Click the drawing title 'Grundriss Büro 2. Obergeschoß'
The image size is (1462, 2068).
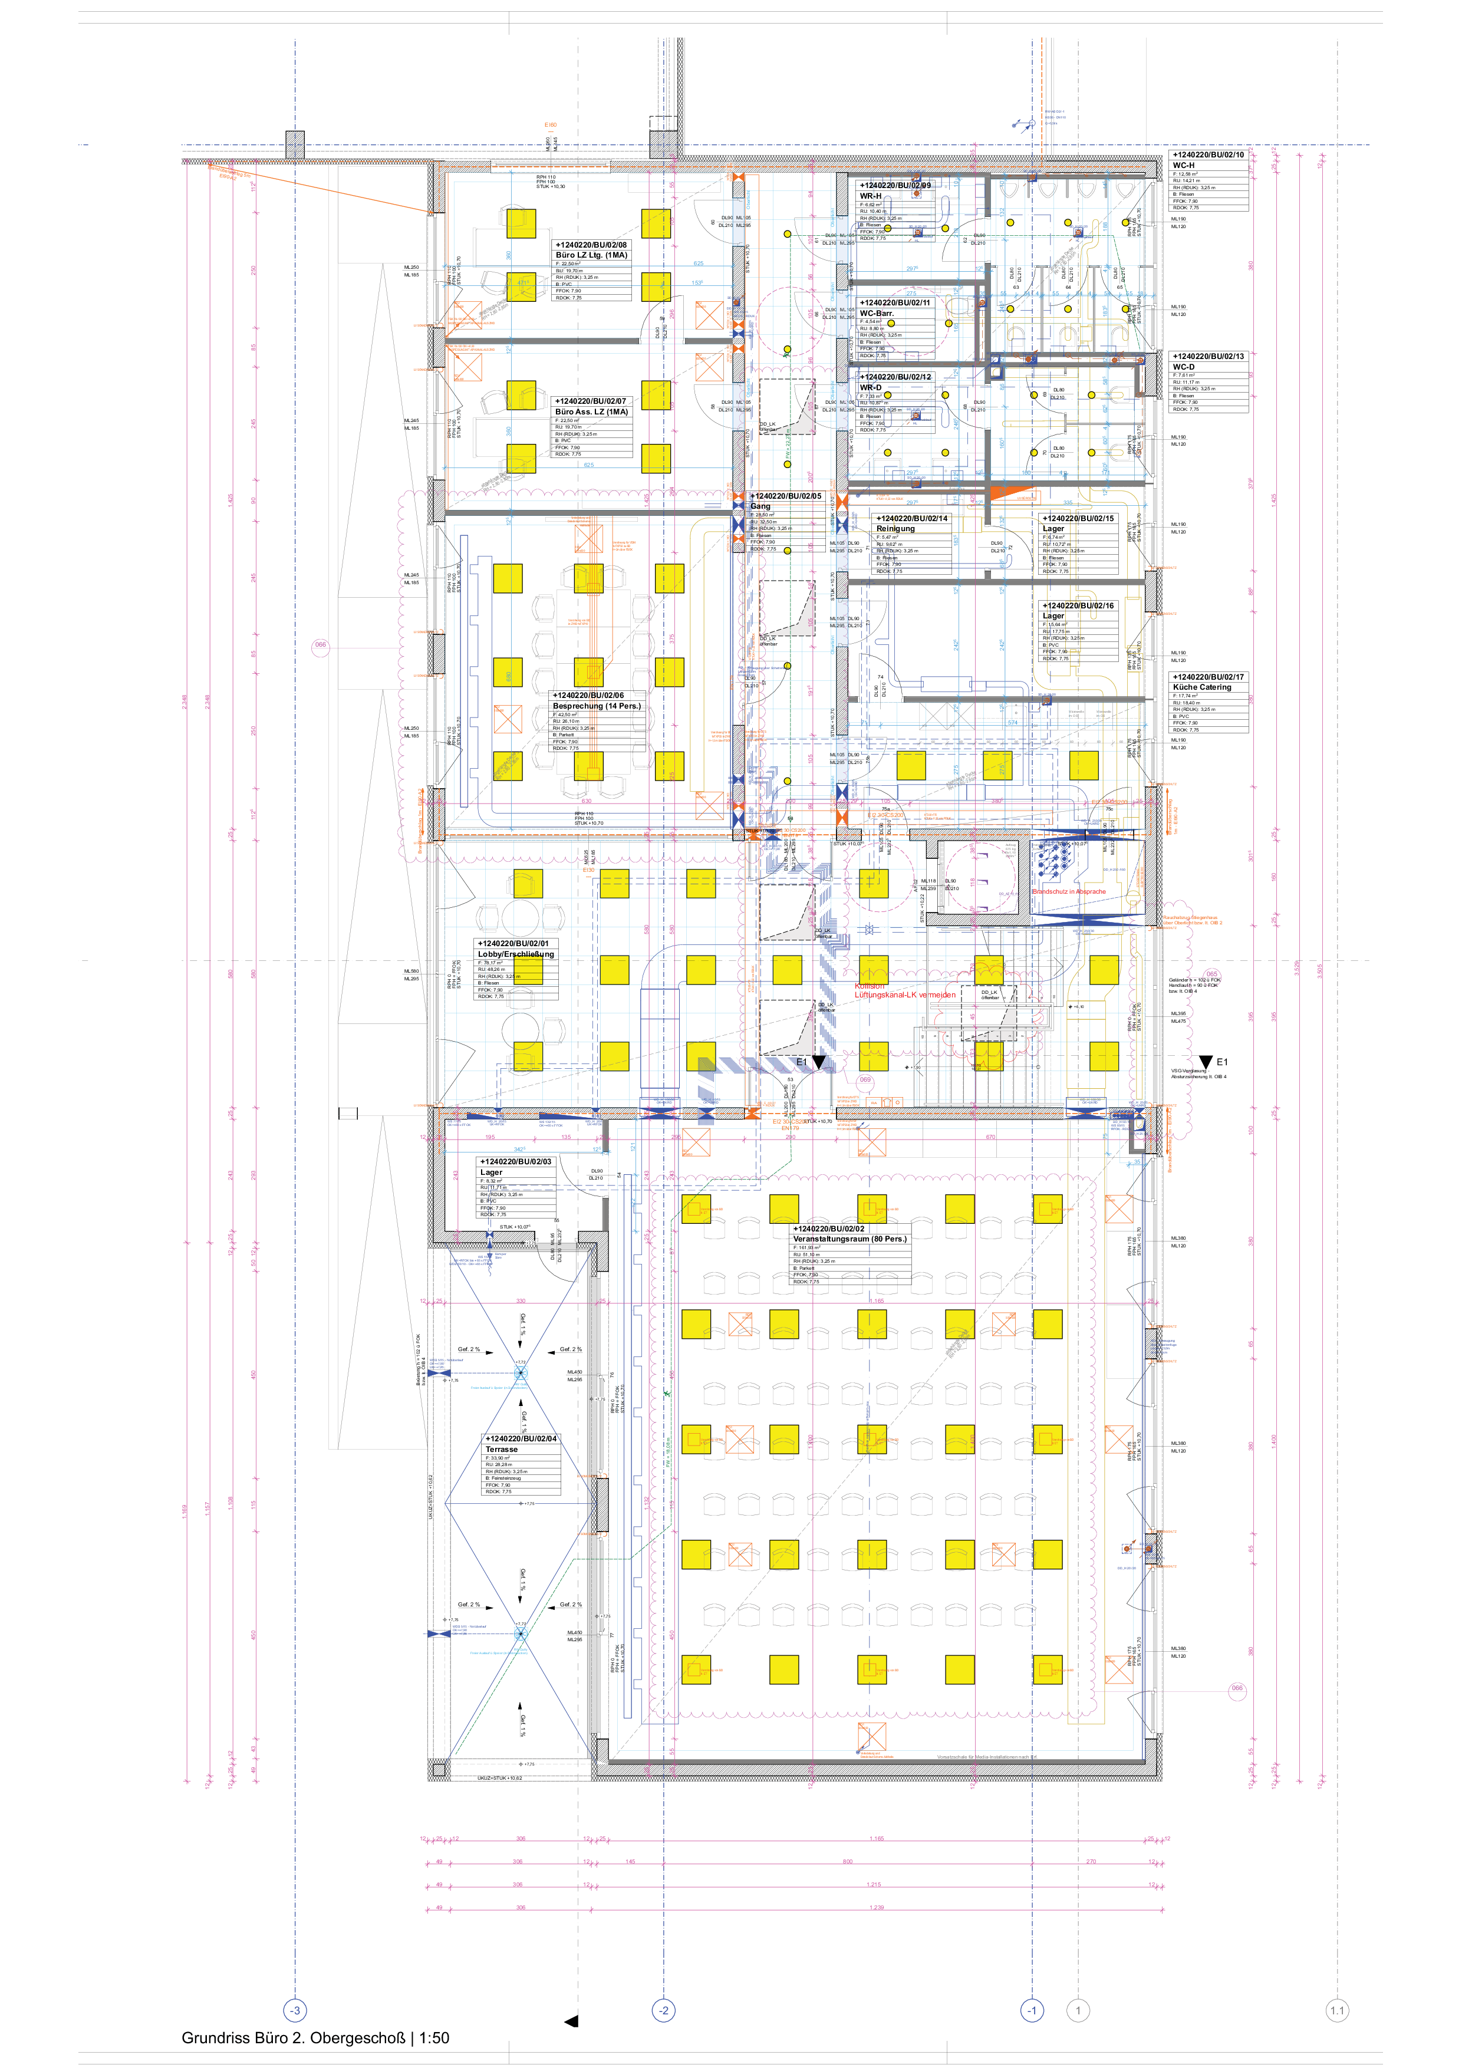[293, 2037]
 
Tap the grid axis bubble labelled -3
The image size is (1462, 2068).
[295, 2010]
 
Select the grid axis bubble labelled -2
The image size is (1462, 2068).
[663, 2010]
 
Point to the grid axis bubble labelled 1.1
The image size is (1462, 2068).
[1337, 2010]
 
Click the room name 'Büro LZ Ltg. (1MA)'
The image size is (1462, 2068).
[591, 255]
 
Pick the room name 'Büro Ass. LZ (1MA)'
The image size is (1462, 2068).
[591, 411]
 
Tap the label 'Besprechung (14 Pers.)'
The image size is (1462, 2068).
[597, 706]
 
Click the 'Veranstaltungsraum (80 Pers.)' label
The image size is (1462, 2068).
[849, 1239]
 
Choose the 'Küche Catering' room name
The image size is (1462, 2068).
[1201, 687]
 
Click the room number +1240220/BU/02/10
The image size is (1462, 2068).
[1208, 155]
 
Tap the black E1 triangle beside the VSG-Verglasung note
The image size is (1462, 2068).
[1206, 1063]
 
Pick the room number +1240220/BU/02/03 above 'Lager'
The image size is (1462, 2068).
[515, 1162]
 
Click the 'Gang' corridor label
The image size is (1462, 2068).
[761, 506]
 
